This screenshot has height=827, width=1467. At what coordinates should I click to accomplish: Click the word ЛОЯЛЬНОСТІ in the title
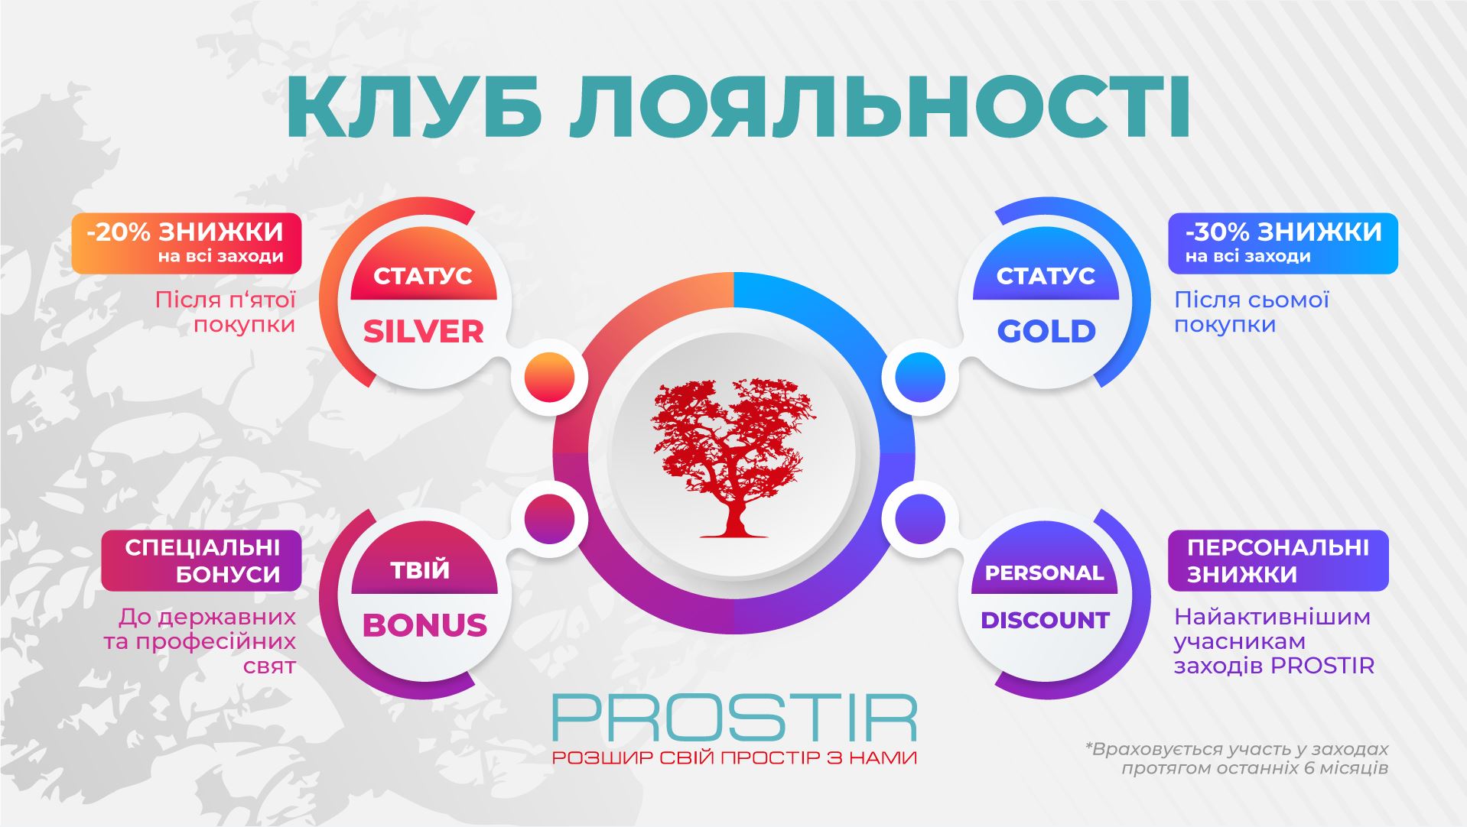point(880,106)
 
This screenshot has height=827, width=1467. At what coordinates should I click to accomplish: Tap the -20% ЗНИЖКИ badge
point(186,243)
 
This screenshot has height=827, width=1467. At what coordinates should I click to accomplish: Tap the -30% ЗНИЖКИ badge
point(1283,243)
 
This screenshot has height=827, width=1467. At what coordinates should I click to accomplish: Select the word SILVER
point(423,332)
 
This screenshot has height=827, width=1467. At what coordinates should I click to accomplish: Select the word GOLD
point(1046,332)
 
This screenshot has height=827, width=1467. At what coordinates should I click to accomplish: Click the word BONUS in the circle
point(424,625)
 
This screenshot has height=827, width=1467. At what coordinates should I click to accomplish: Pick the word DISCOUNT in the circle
point(1045,620)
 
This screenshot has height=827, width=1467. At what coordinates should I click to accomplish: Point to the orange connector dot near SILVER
point(549,377)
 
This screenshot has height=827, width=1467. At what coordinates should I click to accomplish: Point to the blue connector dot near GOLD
point(919,377)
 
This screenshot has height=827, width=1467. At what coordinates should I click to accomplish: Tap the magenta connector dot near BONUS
point(549,519)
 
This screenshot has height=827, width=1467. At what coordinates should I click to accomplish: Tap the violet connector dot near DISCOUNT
point(919,519)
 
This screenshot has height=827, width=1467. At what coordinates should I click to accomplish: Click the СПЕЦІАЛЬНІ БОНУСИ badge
point(201,560)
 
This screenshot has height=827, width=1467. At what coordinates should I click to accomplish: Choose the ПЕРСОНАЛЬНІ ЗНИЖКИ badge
point(1278,560)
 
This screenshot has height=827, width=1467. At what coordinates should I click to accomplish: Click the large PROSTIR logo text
point(733,717)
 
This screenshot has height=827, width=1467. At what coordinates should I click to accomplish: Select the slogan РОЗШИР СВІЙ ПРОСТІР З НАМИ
point(733,757)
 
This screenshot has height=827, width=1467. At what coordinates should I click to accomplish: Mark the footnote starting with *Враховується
point(1236,758)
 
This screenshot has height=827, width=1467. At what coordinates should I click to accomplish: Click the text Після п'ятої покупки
point(225,312)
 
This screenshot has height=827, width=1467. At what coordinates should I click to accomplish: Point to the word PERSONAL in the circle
point(1044,572)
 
